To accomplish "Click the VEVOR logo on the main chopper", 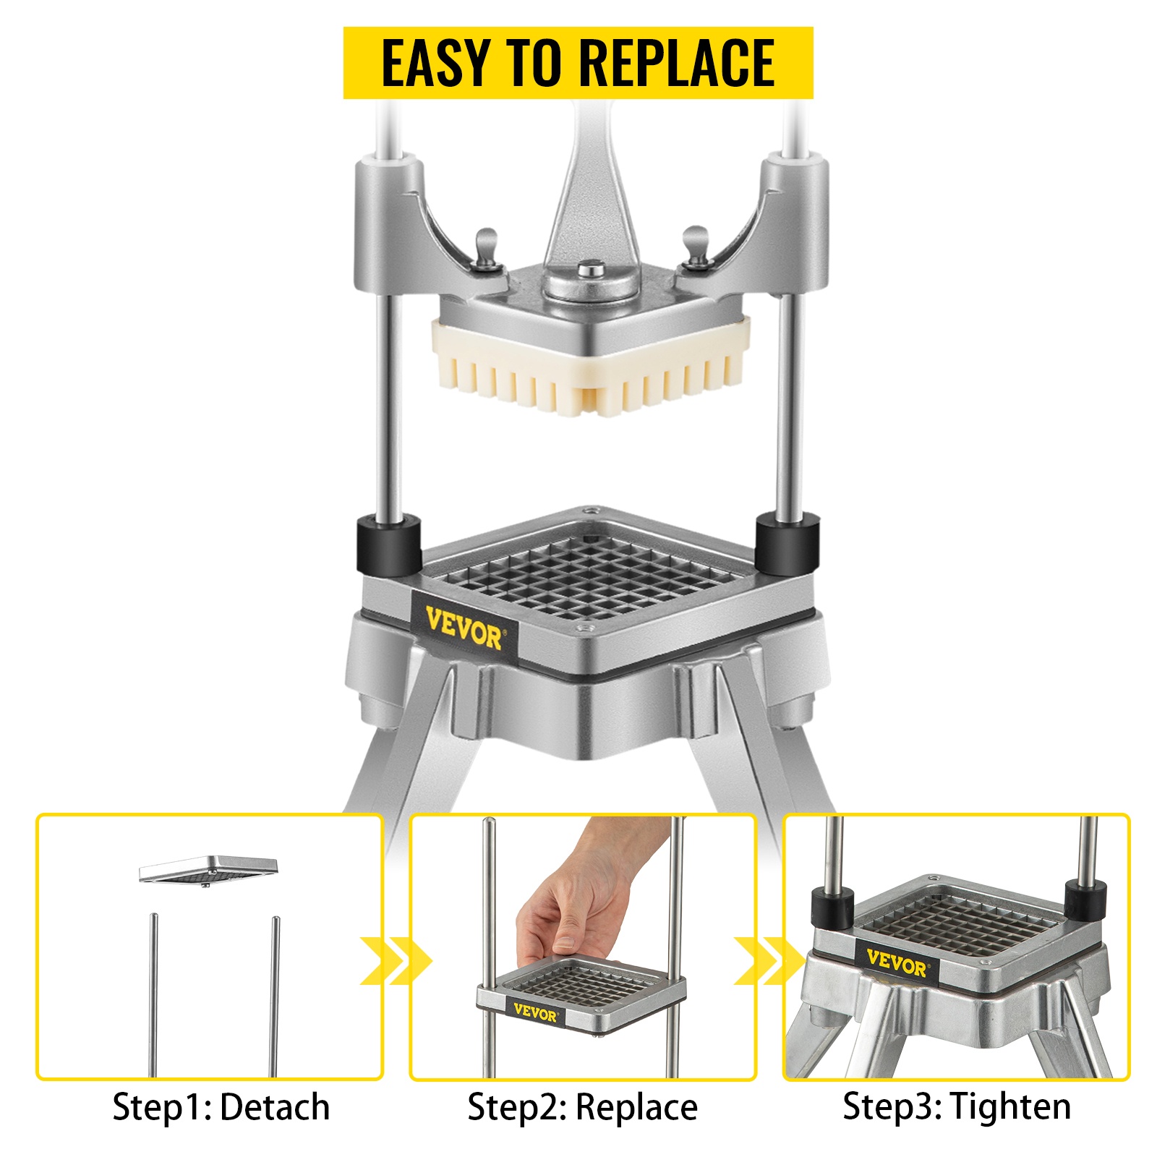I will point(463,628).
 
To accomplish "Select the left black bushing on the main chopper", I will point(388,544).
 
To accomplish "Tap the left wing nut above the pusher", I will point(487,249).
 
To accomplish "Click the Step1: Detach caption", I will point(221,1107).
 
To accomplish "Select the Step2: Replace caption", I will point(583,1107).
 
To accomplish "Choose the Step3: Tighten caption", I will point(957,1106).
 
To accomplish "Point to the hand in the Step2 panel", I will point(571,904).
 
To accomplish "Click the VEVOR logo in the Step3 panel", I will point(896,964).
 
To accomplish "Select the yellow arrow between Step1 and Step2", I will point(396,961).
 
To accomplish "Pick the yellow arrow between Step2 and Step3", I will point(769,961).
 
